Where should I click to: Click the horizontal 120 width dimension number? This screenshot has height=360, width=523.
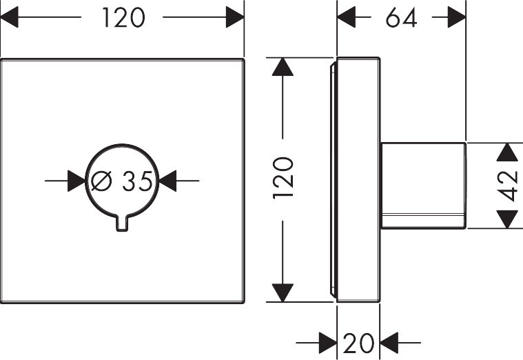(124, 18)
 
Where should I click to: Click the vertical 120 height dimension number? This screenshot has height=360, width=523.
(283, 179)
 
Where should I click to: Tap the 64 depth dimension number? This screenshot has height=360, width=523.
(401, 18)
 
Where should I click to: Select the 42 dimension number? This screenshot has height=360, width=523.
(509, 186)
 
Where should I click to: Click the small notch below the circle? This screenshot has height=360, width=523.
(123, 222)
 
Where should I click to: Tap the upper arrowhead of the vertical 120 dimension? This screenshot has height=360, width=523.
(283, 66)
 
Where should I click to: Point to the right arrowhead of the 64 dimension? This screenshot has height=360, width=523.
(457, 18)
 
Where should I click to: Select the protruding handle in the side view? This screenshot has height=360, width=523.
(423, 186)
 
